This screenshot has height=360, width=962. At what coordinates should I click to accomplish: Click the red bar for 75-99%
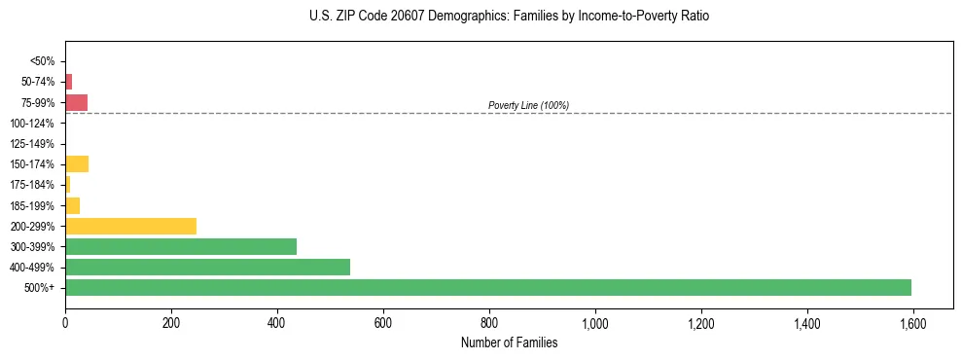pos(76,102)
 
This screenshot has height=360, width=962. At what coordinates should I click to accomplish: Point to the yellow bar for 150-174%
pos(77,163)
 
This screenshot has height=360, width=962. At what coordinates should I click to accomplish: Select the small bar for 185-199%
pos(72,205)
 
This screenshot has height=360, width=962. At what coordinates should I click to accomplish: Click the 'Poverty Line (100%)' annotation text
pos(528,105)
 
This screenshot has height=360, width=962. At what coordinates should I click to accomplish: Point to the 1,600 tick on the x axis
pos(912,323)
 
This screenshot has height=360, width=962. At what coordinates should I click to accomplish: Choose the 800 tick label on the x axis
pos(489,323)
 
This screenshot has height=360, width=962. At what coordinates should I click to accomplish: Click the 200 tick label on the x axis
pos(171,323)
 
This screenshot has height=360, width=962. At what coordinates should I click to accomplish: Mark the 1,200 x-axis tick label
pos(700,323)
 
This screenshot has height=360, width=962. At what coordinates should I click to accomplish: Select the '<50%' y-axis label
pos(42,61)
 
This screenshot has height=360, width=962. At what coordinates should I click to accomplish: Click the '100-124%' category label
pos(32,124)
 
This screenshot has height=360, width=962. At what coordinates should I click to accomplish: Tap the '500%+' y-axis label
pos(39,288)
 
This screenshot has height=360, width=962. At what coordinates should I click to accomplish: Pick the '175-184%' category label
pos(32,185)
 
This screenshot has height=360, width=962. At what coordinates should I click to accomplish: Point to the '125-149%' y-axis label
pos(32,144)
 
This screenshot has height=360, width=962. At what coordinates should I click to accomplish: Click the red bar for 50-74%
pos(68,82)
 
